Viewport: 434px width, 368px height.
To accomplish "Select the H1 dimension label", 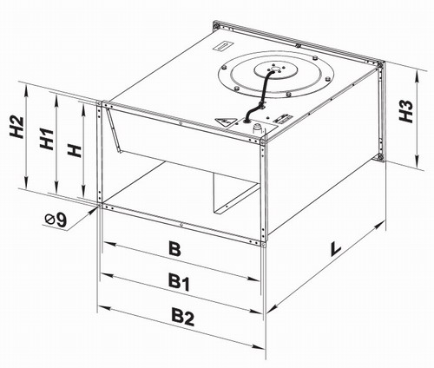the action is coord(47,139).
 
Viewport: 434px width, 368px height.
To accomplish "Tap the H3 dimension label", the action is coord(405,111).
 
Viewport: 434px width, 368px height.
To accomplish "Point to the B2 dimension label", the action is coord(182,317).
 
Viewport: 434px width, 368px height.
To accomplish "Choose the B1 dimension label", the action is coord(179,281).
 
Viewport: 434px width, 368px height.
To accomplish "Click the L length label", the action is coord(335,249).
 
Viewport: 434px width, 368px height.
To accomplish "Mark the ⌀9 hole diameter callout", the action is coord(56,220).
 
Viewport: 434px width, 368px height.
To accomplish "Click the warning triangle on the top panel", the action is coord(224,122).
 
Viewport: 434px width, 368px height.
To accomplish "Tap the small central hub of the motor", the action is coord(276,69).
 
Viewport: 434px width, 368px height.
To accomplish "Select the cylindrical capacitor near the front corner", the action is coord(258,128).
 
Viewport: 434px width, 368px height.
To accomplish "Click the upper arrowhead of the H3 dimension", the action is coord(417,76).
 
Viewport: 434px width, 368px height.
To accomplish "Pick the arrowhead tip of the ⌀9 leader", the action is coord(96,207).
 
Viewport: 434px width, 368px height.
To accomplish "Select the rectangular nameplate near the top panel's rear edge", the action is coord(223,46).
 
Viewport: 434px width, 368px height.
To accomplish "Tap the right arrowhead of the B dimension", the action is coord(253,279).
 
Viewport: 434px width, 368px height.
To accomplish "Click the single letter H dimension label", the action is coord(75,151).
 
